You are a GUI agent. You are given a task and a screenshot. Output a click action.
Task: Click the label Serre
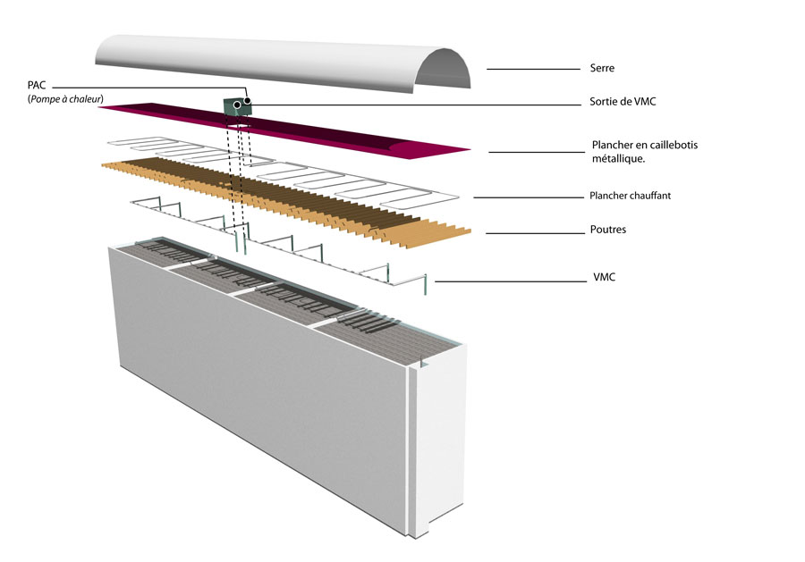(602, 68)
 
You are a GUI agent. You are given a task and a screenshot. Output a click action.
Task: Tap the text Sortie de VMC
(623, 102)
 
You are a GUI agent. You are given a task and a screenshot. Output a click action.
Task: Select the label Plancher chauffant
(630, 196)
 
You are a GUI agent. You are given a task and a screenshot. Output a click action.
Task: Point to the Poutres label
(608, 230)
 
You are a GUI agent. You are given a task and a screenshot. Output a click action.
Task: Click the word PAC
(37, 85)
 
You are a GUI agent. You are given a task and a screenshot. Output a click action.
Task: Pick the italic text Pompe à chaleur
(65, 99)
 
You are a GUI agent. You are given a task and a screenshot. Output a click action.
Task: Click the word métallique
(618, 158)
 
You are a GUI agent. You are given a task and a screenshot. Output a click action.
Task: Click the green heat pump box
(236, 106)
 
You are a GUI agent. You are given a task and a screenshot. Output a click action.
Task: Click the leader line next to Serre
(533, 69)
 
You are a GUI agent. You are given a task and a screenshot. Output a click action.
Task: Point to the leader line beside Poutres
(536, 233)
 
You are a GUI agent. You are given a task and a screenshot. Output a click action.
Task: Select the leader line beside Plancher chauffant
(529, 197)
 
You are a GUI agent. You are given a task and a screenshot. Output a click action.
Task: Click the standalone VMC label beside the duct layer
(605, 277)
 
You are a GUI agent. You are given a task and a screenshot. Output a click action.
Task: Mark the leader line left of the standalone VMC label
(511, 281)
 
